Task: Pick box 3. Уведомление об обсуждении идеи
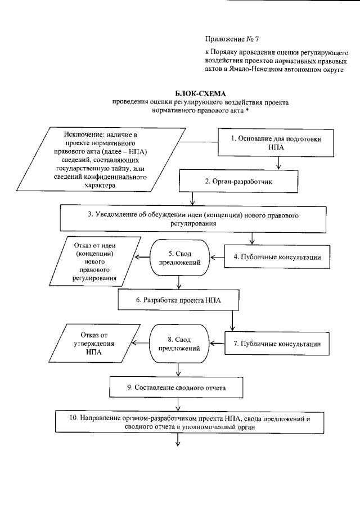[200, 219]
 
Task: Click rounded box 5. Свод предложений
[178, 258]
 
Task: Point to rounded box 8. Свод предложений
[178, 344]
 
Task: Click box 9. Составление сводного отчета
[178, 387]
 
